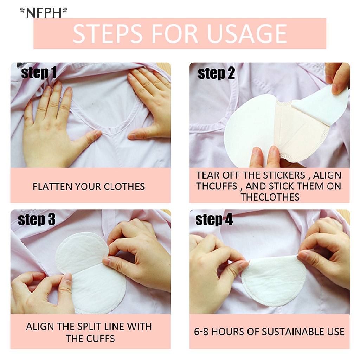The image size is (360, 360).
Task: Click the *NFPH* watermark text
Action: pyautogui.click(x=43, y=13)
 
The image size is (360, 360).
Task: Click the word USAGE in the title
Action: pyautogui.click(x=247, y=34)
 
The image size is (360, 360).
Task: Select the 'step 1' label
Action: pyautogui.click(x=39, y=73)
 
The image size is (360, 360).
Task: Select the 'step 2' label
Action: pyautogui.click(x=216, y=73)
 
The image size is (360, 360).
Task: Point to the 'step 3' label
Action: pyautogui.click(x=37, y=220)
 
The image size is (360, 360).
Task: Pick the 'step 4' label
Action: pyautogui.click(x=214, y=220)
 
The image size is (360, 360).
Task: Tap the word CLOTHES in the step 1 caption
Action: pyautogui.click(x=124, y=186)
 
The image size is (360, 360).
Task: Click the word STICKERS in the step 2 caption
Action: pyautogui.click(x=284, y=175)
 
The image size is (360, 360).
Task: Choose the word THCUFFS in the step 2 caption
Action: pyautogui.click(x=217, y=186)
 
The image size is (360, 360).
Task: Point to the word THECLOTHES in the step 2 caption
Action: pyautogui.click(x=270, y=197)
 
